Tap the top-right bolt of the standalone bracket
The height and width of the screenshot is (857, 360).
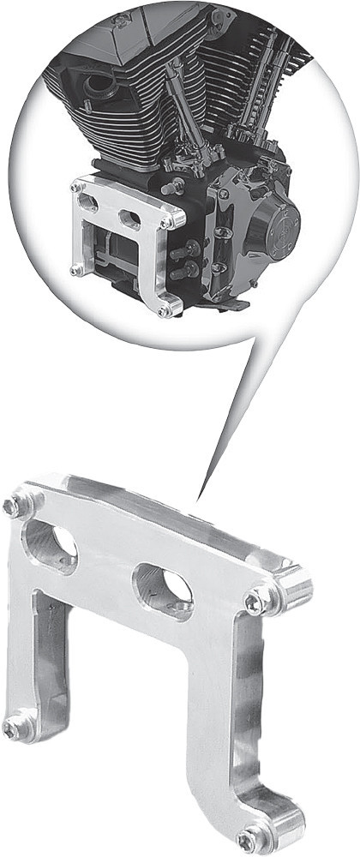[x=255, y=603]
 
